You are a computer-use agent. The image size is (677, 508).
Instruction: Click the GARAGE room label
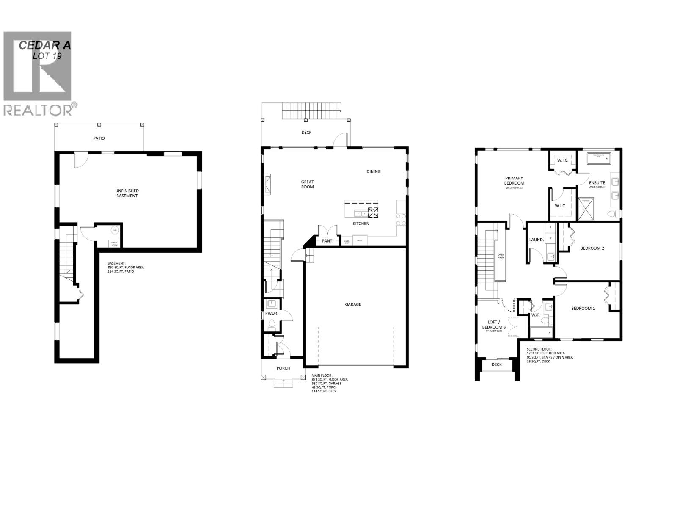[353, 304]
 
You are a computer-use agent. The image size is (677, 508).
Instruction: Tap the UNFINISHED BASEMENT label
[127, 193]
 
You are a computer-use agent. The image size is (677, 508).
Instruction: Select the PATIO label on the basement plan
[99, 138]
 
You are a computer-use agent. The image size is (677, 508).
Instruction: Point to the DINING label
[374, 171]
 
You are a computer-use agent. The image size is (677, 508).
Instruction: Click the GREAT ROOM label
[308, 184]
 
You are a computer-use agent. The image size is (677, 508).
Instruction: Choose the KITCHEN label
[361, 224]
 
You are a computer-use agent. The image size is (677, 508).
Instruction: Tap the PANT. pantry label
[327, 241]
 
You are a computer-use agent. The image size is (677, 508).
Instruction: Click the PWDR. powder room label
[271, 314]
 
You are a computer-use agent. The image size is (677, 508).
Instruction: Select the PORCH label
[283, 368]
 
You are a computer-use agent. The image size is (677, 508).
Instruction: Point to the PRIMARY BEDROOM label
[514, 181]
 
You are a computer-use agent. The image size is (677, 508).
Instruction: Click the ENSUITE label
[597, 183]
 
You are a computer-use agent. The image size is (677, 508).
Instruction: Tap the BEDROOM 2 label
[592, 248]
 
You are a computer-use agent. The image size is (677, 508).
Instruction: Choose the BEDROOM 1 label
[583, 309]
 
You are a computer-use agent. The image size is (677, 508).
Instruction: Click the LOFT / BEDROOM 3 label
[494, 325]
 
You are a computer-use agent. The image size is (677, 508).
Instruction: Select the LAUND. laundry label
[537, 240]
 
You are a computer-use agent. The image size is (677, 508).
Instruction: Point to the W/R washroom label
[535, 315]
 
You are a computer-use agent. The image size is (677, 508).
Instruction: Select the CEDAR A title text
[45, 46]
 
